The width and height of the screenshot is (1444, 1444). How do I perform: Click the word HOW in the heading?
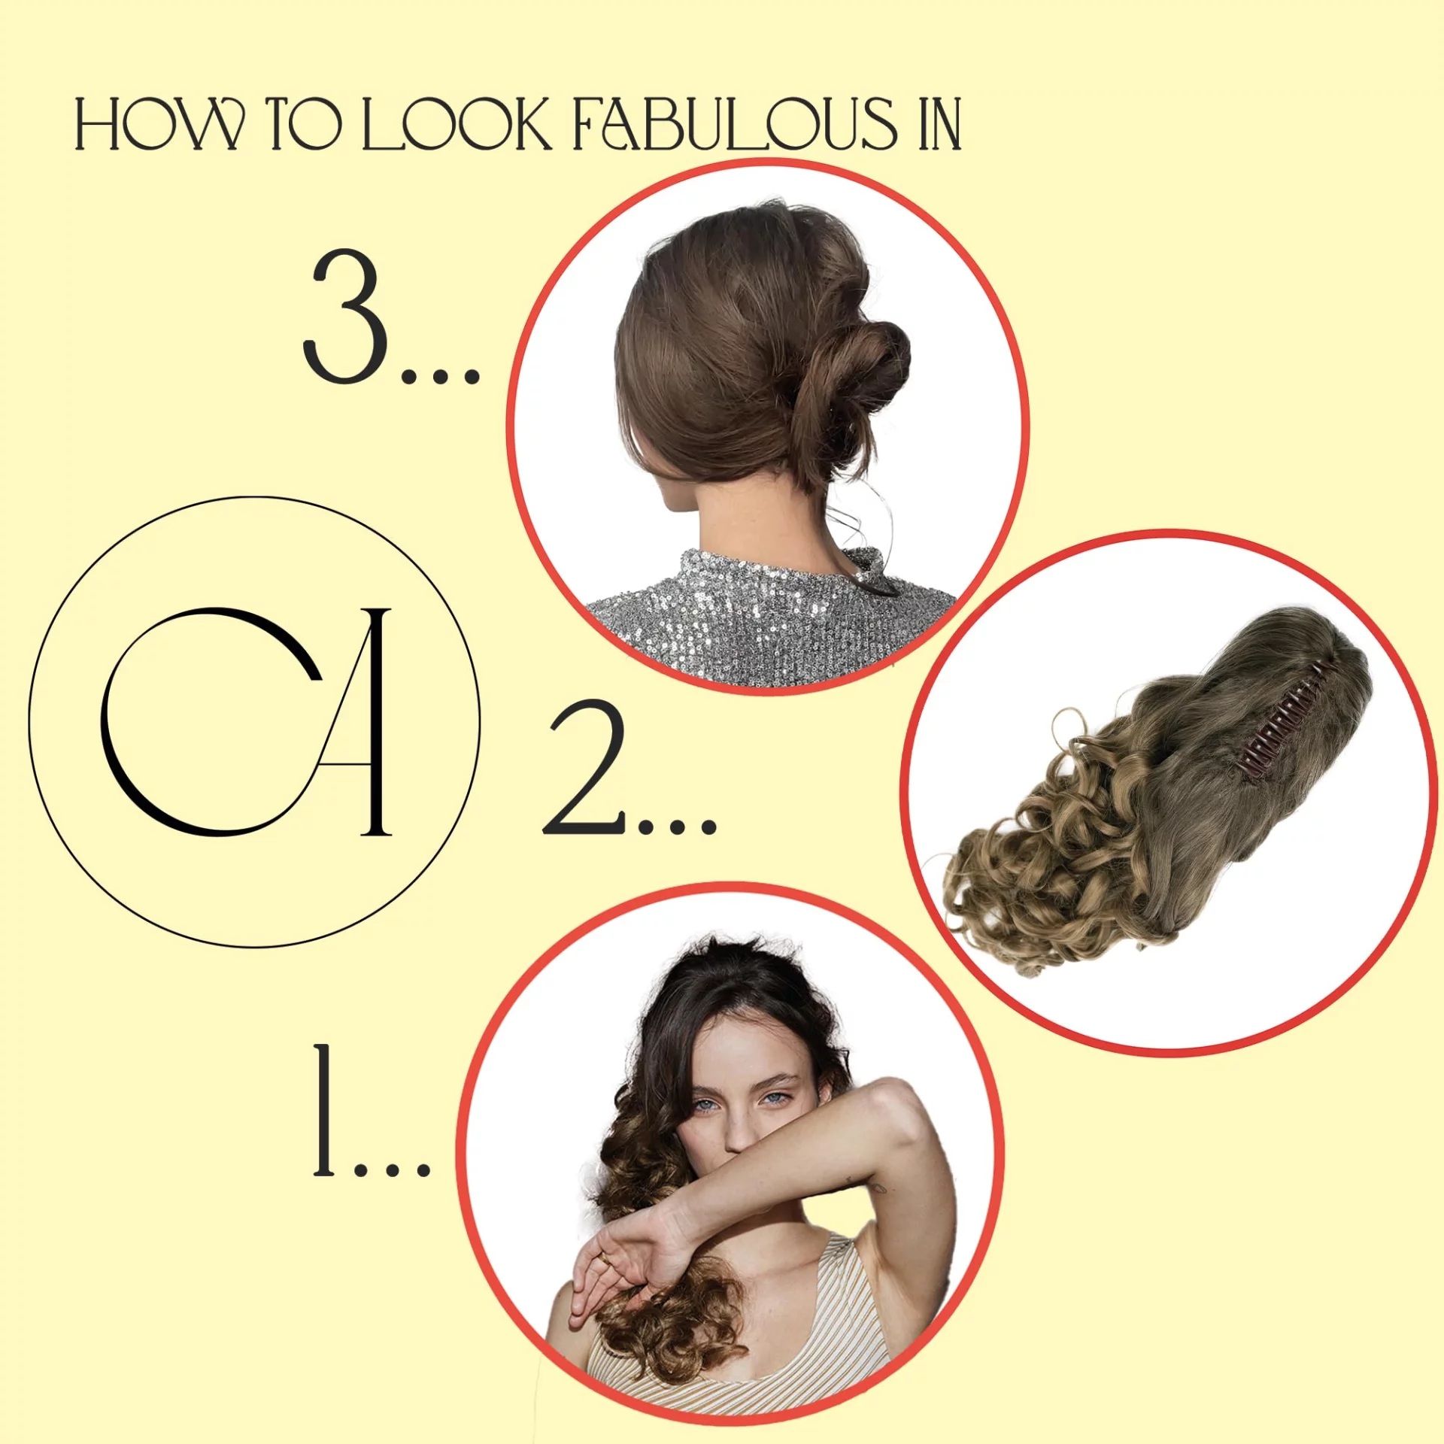(159, 124)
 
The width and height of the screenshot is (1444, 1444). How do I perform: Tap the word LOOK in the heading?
(457, 124)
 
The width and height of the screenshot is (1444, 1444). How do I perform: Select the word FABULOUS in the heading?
(736, 124)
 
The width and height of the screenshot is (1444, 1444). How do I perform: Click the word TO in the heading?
(304, 124)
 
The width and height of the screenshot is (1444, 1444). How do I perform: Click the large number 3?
(345, 316)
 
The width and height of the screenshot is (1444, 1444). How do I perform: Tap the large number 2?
(584, 767)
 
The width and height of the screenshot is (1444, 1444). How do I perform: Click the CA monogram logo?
(254, 721)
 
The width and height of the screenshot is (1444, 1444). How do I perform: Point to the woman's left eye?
(777, 1100)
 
